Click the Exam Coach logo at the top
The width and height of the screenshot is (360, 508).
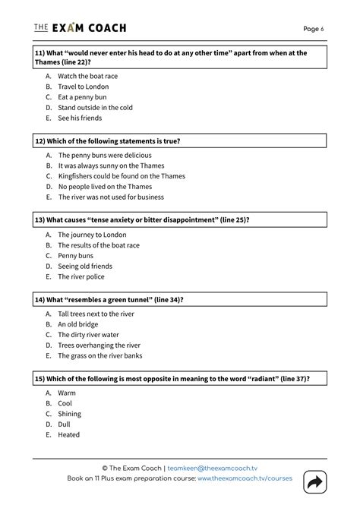80,28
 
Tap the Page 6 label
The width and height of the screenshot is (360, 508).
313,29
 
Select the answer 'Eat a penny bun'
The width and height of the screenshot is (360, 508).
84,97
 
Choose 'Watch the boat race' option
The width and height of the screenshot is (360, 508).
87,76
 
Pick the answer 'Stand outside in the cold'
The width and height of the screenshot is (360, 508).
95,108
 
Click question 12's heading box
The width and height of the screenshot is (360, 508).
179,141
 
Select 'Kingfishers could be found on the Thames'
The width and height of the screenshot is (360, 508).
122,176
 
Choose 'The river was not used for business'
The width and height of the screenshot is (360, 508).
111,197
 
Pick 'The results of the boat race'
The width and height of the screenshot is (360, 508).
99,245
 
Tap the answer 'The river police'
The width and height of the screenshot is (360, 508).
81,276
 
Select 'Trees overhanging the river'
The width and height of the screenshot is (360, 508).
99,346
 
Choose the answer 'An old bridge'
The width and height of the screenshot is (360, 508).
78,324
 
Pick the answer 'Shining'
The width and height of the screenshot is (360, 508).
69,414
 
